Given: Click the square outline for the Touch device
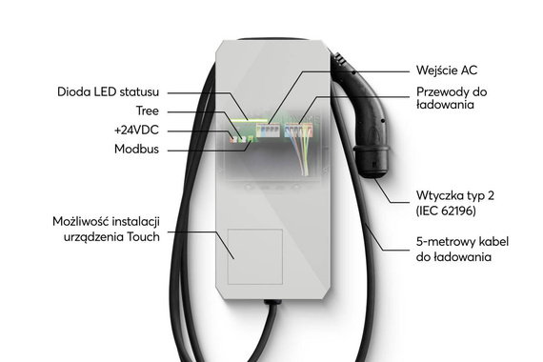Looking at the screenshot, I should tap(254, 256).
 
